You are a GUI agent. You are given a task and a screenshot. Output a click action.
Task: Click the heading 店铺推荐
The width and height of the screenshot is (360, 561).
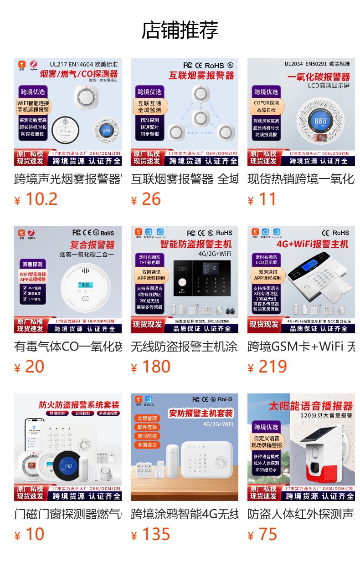click(x=180, y=31)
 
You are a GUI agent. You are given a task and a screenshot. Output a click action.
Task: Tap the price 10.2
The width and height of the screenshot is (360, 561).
click(x=41, y=199)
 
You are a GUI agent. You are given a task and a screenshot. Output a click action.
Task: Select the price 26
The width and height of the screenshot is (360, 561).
click(x=151, y=199)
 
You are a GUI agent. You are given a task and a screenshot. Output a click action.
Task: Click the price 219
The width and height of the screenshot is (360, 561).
click(x=273, y=367)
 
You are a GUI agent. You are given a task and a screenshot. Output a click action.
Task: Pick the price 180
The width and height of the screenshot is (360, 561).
click(x=156, y=367)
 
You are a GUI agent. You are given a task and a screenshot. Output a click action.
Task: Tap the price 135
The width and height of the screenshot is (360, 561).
click(x=156, y=535)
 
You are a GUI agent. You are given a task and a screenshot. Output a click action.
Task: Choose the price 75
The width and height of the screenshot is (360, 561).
click(x=267, y=535)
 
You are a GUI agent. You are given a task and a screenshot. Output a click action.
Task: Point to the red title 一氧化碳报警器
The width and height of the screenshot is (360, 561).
click(x=319, y=76)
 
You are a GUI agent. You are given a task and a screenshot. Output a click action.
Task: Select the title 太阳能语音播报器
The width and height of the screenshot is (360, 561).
click(x=311, y=406)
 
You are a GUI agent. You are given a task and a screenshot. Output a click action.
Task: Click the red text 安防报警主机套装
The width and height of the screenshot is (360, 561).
click(x=201, y=413)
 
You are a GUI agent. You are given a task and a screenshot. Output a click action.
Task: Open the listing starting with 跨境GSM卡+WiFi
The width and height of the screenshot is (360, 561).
click(x=301, y=347)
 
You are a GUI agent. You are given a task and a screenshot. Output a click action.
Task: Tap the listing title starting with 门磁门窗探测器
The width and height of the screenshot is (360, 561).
click(x=68, y=515)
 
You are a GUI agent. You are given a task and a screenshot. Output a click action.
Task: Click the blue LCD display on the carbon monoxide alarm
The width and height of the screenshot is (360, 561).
click(x=320, y=121)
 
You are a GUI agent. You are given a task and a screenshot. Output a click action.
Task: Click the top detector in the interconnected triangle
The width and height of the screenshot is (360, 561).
click(x=199, y=94)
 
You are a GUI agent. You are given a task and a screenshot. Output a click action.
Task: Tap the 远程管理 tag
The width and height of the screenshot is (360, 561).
click(x=146, y=418)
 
